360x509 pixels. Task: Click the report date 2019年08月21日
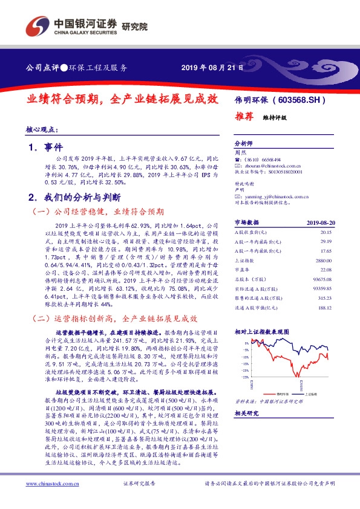(212, 68)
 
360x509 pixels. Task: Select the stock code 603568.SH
(302, 100)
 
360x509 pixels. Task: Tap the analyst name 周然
(239, 154)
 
